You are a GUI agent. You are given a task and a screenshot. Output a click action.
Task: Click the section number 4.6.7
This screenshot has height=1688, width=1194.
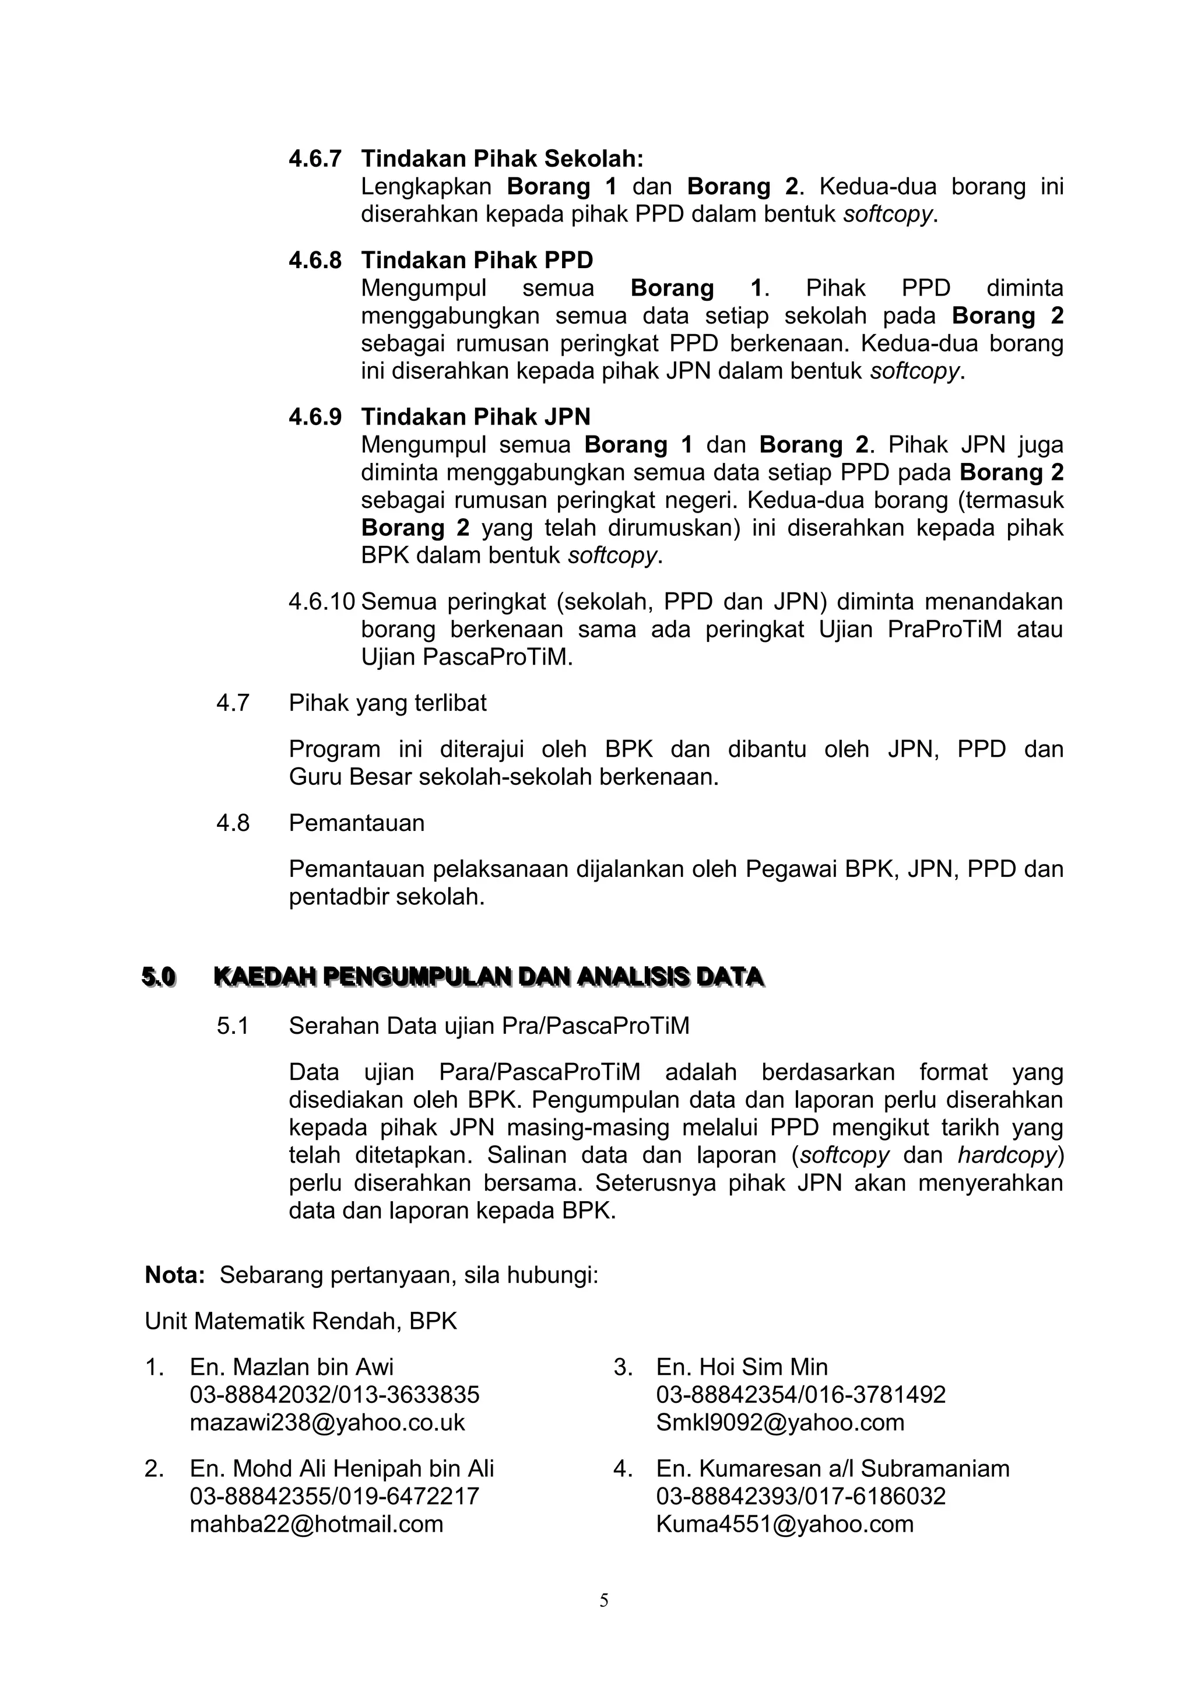(x=315, y=159)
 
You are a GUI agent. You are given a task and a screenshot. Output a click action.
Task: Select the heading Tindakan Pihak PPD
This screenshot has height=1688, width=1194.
(x=476, y=260)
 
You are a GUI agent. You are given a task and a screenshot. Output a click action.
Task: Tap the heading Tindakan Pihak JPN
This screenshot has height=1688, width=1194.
(x=475, y=417)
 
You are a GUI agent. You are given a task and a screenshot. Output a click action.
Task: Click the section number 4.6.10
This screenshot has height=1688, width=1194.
(x=321, y=601)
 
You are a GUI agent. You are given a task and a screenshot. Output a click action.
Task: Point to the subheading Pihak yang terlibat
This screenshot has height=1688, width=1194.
(x=388, y=703)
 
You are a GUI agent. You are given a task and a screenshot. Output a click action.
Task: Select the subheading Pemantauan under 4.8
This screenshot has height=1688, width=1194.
(x=357, y=823)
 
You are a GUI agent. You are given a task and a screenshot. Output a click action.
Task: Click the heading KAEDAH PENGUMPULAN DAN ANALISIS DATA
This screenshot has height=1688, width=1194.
(x=488, y=977)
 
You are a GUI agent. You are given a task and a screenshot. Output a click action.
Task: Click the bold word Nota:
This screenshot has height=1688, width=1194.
(x=175, y=1275)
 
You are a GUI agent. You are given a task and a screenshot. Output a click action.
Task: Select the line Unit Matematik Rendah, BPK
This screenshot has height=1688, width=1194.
(x=301, y=1321)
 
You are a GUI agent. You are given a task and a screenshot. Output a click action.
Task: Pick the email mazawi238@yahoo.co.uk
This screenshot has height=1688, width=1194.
(x=327, y=1422)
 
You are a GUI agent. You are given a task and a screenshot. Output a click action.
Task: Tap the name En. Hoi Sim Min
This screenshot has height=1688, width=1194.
(x=742, y=1367)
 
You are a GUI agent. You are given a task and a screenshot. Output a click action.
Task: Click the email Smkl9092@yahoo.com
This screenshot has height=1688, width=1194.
(x=780, y=1422)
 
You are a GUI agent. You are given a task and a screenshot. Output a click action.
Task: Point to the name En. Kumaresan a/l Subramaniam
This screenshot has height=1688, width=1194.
(x=833, y=1468)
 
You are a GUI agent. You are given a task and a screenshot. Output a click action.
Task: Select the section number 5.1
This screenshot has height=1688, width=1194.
(x=233, y=1026)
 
